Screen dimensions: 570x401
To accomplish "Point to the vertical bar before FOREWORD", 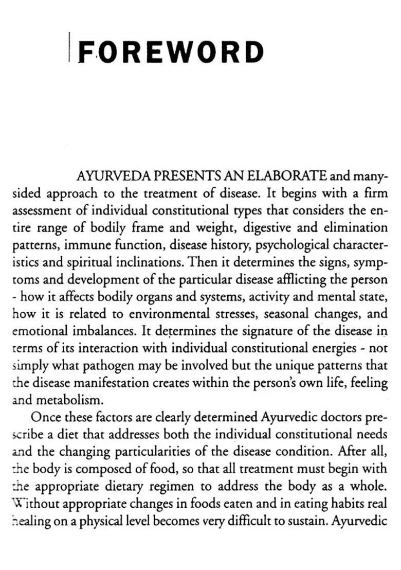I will [x=69, y=47].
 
